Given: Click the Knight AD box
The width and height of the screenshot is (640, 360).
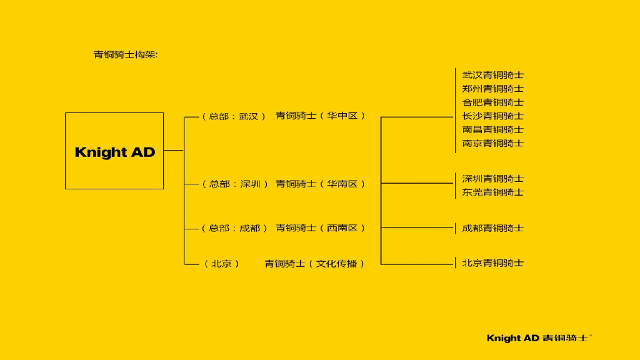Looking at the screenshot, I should coord(114,151).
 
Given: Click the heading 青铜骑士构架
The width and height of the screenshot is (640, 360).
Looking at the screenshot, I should coord(126,54).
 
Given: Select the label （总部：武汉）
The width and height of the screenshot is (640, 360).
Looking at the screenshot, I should coord(234,116).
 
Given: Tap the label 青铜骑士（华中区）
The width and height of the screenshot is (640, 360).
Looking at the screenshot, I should coord(320,116).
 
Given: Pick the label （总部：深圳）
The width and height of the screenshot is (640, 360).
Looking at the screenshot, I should coord(234,184).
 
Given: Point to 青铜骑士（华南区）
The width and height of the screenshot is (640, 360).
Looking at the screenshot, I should coord(320,184).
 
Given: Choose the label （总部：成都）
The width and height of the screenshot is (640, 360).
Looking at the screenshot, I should coord(234,228).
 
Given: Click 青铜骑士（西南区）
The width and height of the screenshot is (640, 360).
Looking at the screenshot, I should coord(320,228).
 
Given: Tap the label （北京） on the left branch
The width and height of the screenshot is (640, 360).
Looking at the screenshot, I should coord(222,264).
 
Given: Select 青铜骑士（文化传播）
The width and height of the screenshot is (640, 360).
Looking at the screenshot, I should coord(314,264).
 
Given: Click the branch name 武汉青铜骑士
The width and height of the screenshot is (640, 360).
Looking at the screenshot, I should coord(492,75).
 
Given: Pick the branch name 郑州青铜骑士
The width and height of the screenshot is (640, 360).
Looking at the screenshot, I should coord(492,89).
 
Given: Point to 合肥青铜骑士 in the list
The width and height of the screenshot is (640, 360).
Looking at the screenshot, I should coord(492,102).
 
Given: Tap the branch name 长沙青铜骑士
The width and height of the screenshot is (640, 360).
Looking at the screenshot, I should coord(492,116).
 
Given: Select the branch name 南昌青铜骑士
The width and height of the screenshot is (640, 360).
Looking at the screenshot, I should coord(492,130).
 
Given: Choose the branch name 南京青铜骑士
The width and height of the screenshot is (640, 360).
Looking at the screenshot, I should coord(492,144).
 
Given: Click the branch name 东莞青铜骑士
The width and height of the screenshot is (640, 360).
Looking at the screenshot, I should coord(492,192).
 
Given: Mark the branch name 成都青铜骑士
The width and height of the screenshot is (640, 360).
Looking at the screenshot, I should coord(492,228).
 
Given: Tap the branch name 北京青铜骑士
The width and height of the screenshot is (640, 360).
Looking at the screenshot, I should coord(492,263).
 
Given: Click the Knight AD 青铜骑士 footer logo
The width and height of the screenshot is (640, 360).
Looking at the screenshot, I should coord(538,338).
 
